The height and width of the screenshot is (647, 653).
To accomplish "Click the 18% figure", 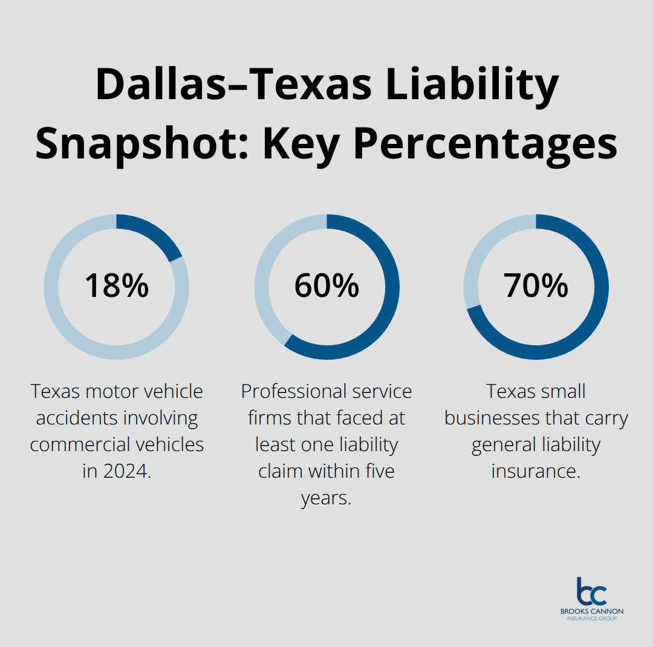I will click(116, 285).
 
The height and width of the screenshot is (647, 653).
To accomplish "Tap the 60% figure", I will click(326, 285).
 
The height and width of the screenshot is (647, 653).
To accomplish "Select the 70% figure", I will click(536, 285).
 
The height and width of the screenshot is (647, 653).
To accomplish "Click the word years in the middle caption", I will click(325, 498).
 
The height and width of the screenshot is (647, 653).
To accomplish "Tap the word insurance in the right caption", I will click(536, 471).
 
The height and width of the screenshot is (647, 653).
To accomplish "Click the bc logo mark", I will click(591, 592).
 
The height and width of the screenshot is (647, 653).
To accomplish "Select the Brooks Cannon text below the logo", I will click(591, 611).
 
